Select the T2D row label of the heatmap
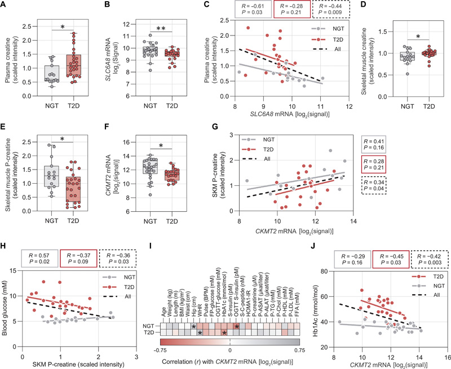pyautogui.click(x=147, y=316)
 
